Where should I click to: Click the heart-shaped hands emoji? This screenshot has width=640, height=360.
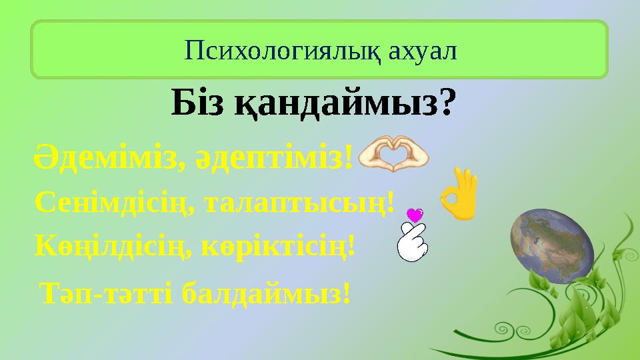tap(393, 154)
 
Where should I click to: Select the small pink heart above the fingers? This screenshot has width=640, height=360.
tap(415, 215)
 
